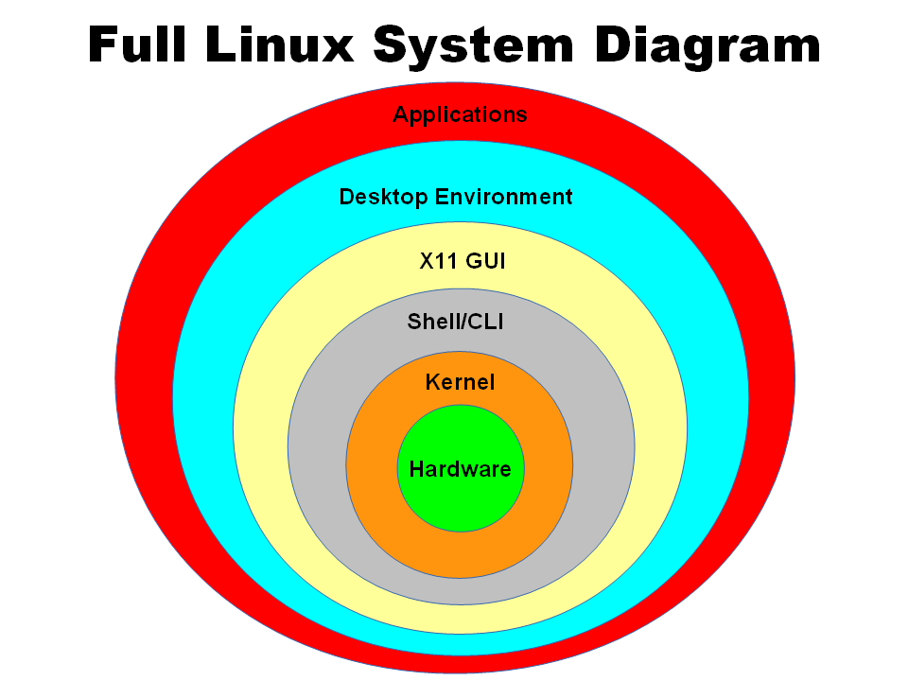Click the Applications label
pos(460,115)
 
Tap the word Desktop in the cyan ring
pos(384,197)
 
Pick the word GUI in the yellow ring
pos(485,261)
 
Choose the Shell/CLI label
pos(455,322)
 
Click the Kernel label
pos(460,382)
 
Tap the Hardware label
pos(460,468)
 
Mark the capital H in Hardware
pos(416,468)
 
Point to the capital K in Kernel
pos(432,382)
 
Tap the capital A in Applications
pos(401,115)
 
